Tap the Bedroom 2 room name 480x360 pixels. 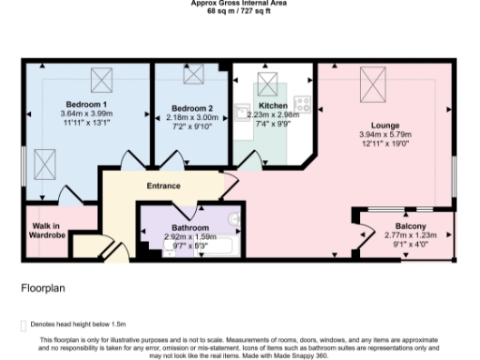(192, 108)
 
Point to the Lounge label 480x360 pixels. (384, 125)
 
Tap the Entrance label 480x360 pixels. (163, 186)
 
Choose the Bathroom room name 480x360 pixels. (190, 228)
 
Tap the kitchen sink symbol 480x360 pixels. (242, 109)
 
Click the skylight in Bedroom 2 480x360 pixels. (193, 79)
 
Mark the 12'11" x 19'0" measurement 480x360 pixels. (384, 143)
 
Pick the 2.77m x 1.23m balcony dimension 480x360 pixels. (411, 237)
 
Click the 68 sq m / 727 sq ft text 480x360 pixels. (239, 13)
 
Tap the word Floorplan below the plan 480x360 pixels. (40, 289)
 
